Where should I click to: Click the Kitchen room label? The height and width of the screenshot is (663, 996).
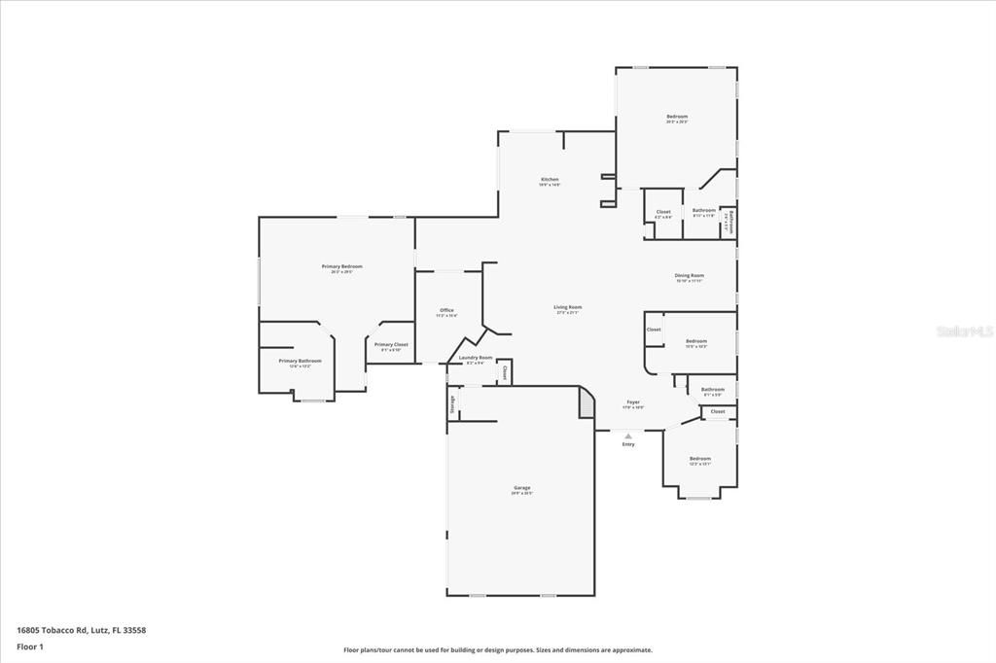click(x=550, y=180)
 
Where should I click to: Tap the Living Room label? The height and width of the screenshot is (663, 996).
click(x=568, y=307)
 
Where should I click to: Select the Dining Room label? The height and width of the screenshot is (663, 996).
click(x=690, y=275)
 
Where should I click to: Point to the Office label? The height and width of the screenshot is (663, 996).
click(x=445, y=311)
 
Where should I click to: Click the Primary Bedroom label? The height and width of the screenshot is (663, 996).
click(x=341, y=266)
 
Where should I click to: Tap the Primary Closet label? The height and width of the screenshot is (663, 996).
click(x=391, y=345)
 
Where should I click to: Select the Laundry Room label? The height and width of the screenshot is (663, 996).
click(x=476, y=358)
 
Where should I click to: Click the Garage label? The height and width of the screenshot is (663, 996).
click(x=521, y=488)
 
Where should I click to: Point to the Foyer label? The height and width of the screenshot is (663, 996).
click(x=632, y=401)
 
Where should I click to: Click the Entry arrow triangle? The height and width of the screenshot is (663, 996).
click(x=628, y=436)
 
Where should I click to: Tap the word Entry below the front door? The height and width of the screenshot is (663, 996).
click(x=628, y=444)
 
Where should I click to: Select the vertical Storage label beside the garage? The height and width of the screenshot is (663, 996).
click(x=452, y=403)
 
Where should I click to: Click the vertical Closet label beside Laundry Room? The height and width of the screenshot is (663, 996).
click(x=505, y=371)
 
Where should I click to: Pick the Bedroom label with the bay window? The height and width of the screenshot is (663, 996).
click(x=700, y=459)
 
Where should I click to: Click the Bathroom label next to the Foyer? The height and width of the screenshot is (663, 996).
click(x=713, y=390)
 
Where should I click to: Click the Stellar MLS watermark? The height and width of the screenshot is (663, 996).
click(x=964, y=331)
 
